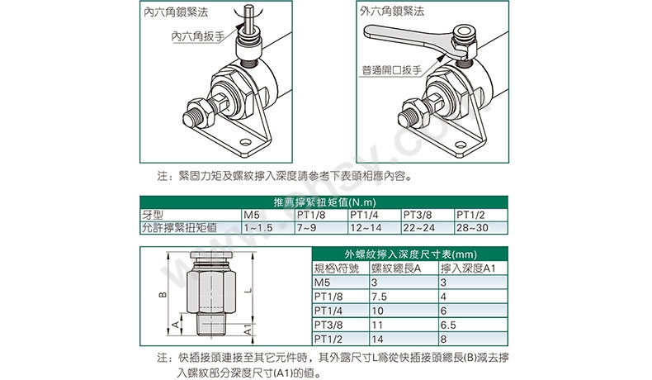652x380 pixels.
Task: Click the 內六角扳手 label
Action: [x=198, y=36]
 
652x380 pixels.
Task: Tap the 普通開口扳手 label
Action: [x=392, y=69]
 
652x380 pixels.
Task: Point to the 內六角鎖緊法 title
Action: [x=176, y=12]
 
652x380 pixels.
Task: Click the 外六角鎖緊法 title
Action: [x=392, y=12]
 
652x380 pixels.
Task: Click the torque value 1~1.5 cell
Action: [x=258, y=228]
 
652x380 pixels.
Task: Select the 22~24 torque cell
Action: [x=419, y=228]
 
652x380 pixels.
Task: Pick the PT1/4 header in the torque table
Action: [x=364, y=215]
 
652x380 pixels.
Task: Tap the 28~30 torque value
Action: [x=472, y=228]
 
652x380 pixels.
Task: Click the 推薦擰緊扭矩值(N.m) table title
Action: [x=324, y=202]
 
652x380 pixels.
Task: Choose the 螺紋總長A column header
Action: [x=396, y=268]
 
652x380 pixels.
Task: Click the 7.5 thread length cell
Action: [x=379, y=297]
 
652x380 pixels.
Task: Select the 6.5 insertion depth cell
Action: [x=448, y=325]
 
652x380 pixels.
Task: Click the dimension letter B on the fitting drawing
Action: [x=163, y=295]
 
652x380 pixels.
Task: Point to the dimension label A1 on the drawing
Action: [x=248, y=330]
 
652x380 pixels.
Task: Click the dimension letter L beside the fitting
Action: [x=248, y=290]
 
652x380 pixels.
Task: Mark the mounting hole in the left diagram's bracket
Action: [x=245, y=143]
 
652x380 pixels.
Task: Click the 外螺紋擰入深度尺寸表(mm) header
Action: [x=411, y=254]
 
